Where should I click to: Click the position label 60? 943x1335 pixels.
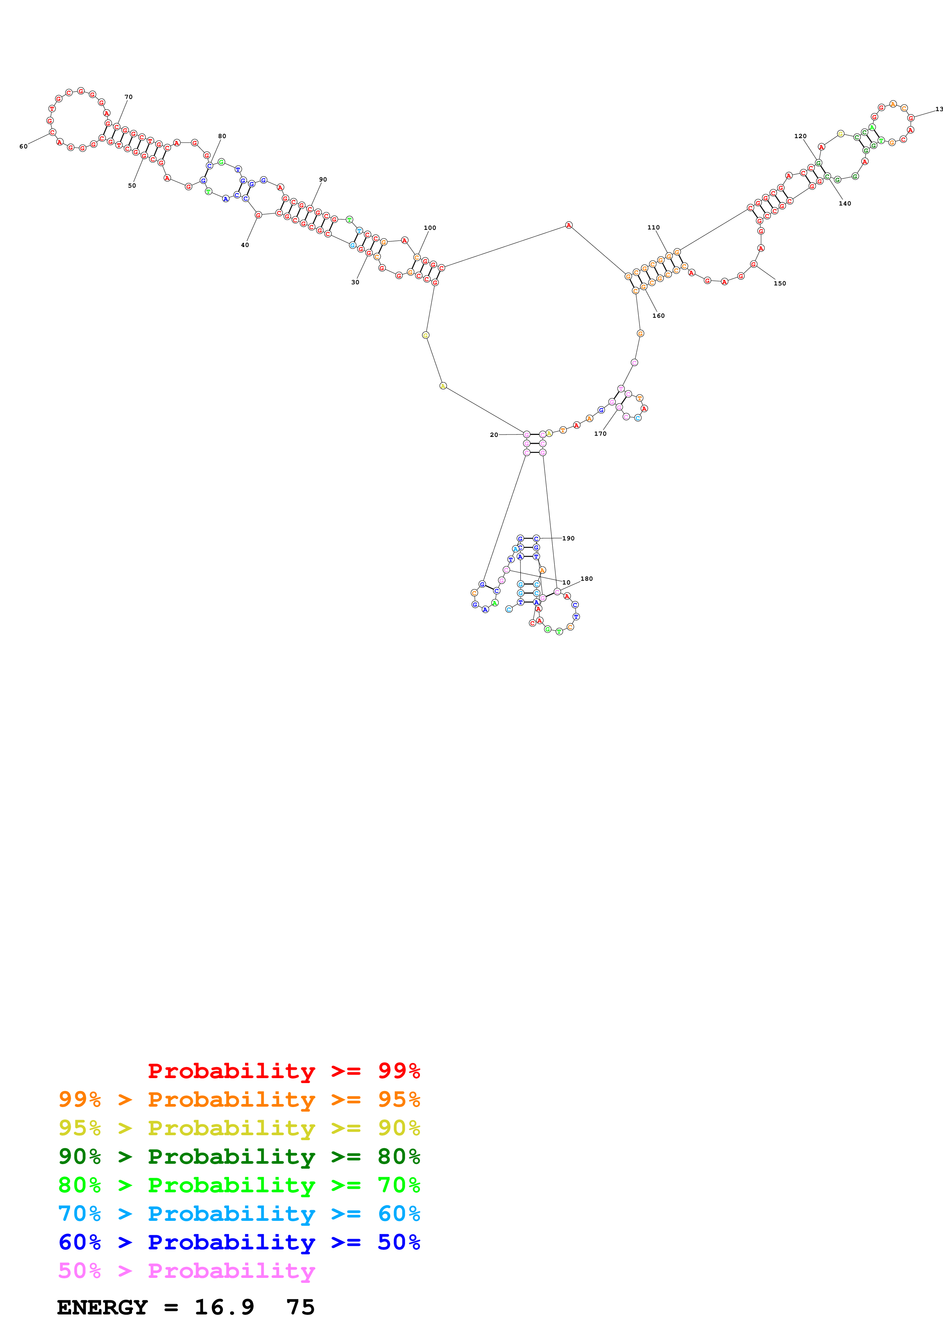(x=23, y=147)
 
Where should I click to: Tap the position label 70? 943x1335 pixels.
(x=129, y=97)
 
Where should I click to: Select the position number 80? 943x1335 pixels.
(x=222, y=136)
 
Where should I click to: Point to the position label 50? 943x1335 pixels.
(x=132, y=185)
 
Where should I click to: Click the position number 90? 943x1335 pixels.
(x=323, y=180)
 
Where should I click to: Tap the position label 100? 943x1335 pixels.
(x=430, y=228)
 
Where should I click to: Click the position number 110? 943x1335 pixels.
(x=654, y=227)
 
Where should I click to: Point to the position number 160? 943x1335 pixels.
(x=658, y=316)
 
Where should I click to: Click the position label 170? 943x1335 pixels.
(x=600, y=434)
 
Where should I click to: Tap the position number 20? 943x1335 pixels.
(x=494, y=435)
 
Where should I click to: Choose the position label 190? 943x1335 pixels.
(x=568, y=538)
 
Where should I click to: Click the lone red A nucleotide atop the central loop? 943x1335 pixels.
(x=569, y=225)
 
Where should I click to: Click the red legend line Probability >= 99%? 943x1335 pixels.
(x=283, y=1071)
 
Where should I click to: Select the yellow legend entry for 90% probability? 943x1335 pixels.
(x=239, y=1128)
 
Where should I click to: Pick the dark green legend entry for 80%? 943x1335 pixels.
(x=239, y=1157)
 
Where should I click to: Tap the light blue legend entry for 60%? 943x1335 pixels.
(x=239, y=1214)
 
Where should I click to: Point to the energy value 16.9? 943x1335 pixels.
(x=224, y=1307)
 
